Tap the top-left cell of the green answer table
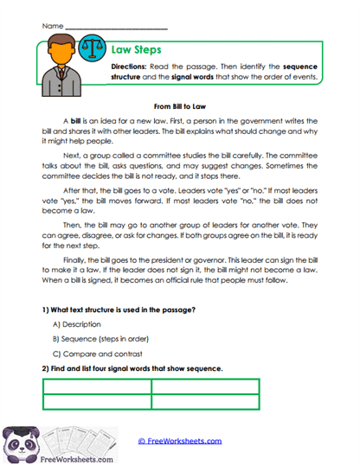click(97, 386)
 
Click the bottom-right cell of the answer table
click(205, 402)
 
